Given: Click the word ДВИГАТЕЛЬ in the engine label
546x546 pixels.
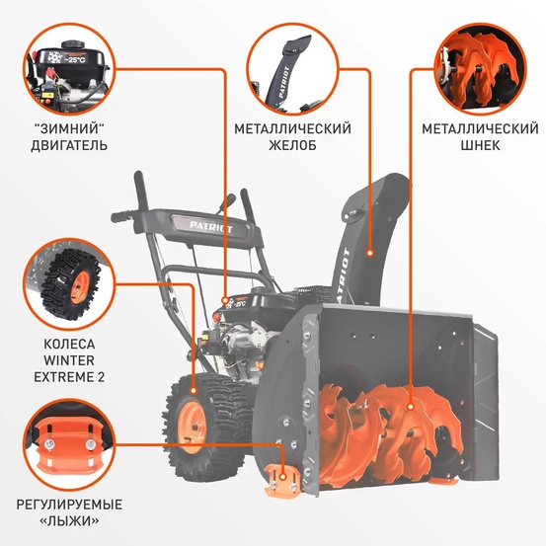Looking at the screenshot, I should tap(68, 145).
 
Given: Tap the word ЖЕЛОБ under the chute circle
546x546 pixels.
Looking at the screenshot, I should tap(292, 145).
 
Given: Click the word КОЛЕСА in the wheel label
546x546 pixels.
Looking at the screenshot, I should tap(68, 345).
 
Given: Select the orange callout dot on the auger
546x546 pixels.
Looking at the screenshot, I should tap(408, 379).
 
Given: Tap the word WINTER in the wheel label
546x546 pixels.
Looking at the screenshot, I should tap(68, 360).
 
